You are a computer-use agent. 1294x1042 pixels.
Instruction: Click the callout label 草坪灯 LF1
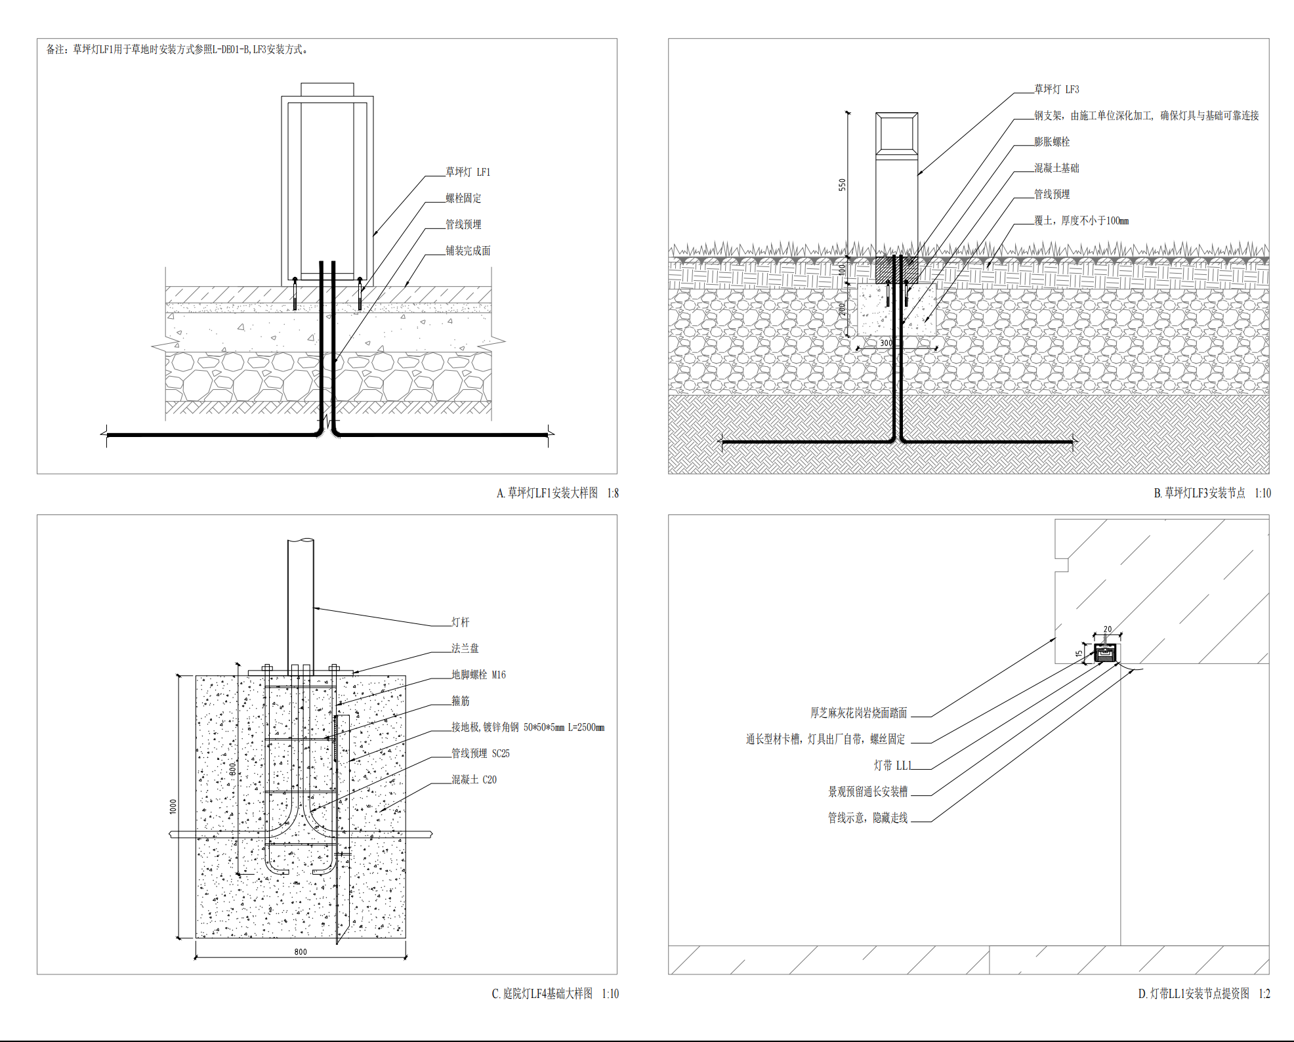click(x=468, y=172)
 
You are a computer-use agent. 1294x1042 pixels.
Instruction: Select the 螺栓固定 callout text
click(x=463, y=198)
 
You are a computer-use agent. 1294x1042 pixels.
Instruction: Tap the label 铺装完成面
click(x=468, y=251)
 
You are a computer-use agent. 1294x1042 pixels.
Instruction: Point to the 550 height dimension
click(x=843, y=185)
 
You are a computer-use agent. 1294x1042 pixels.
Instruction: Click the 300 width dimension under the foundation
click(x=886, y=343)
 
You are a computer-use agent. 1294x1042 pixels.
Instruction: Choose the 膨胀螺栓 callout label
click(x=1052, y=142)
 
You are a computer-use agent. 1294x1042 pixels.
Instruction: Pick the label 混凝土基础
click(x=1056, y=168)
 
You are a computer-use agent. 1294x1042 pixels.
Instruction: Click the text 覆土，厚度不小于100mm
click(x=1081, y=220)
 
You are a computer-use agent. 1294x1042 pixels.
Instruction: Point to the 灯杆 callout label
click(x=460, y=622)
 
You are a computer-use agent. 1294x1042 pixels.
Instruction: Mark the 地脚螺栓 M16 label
click(x=478, y=675)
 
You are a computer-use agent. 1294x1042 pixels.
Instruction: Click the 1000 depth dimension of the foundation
click(x=173, y=806)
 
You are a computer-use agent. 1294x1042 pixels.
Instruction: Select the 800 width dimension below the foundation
click(x=301, y=952)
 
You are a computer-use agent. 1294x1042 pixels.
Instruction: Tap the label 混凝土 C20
click(x=474, y=780)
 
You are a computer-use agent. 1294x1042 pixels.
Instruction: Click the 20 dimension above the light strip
click(x=1108, y=629)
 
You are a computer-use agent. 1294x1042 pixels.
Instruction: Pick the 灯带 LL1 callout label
click(x=892, y=765)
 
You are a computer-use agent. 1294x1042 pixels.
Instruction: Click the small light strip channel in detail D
click(x=1106, y=653)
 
